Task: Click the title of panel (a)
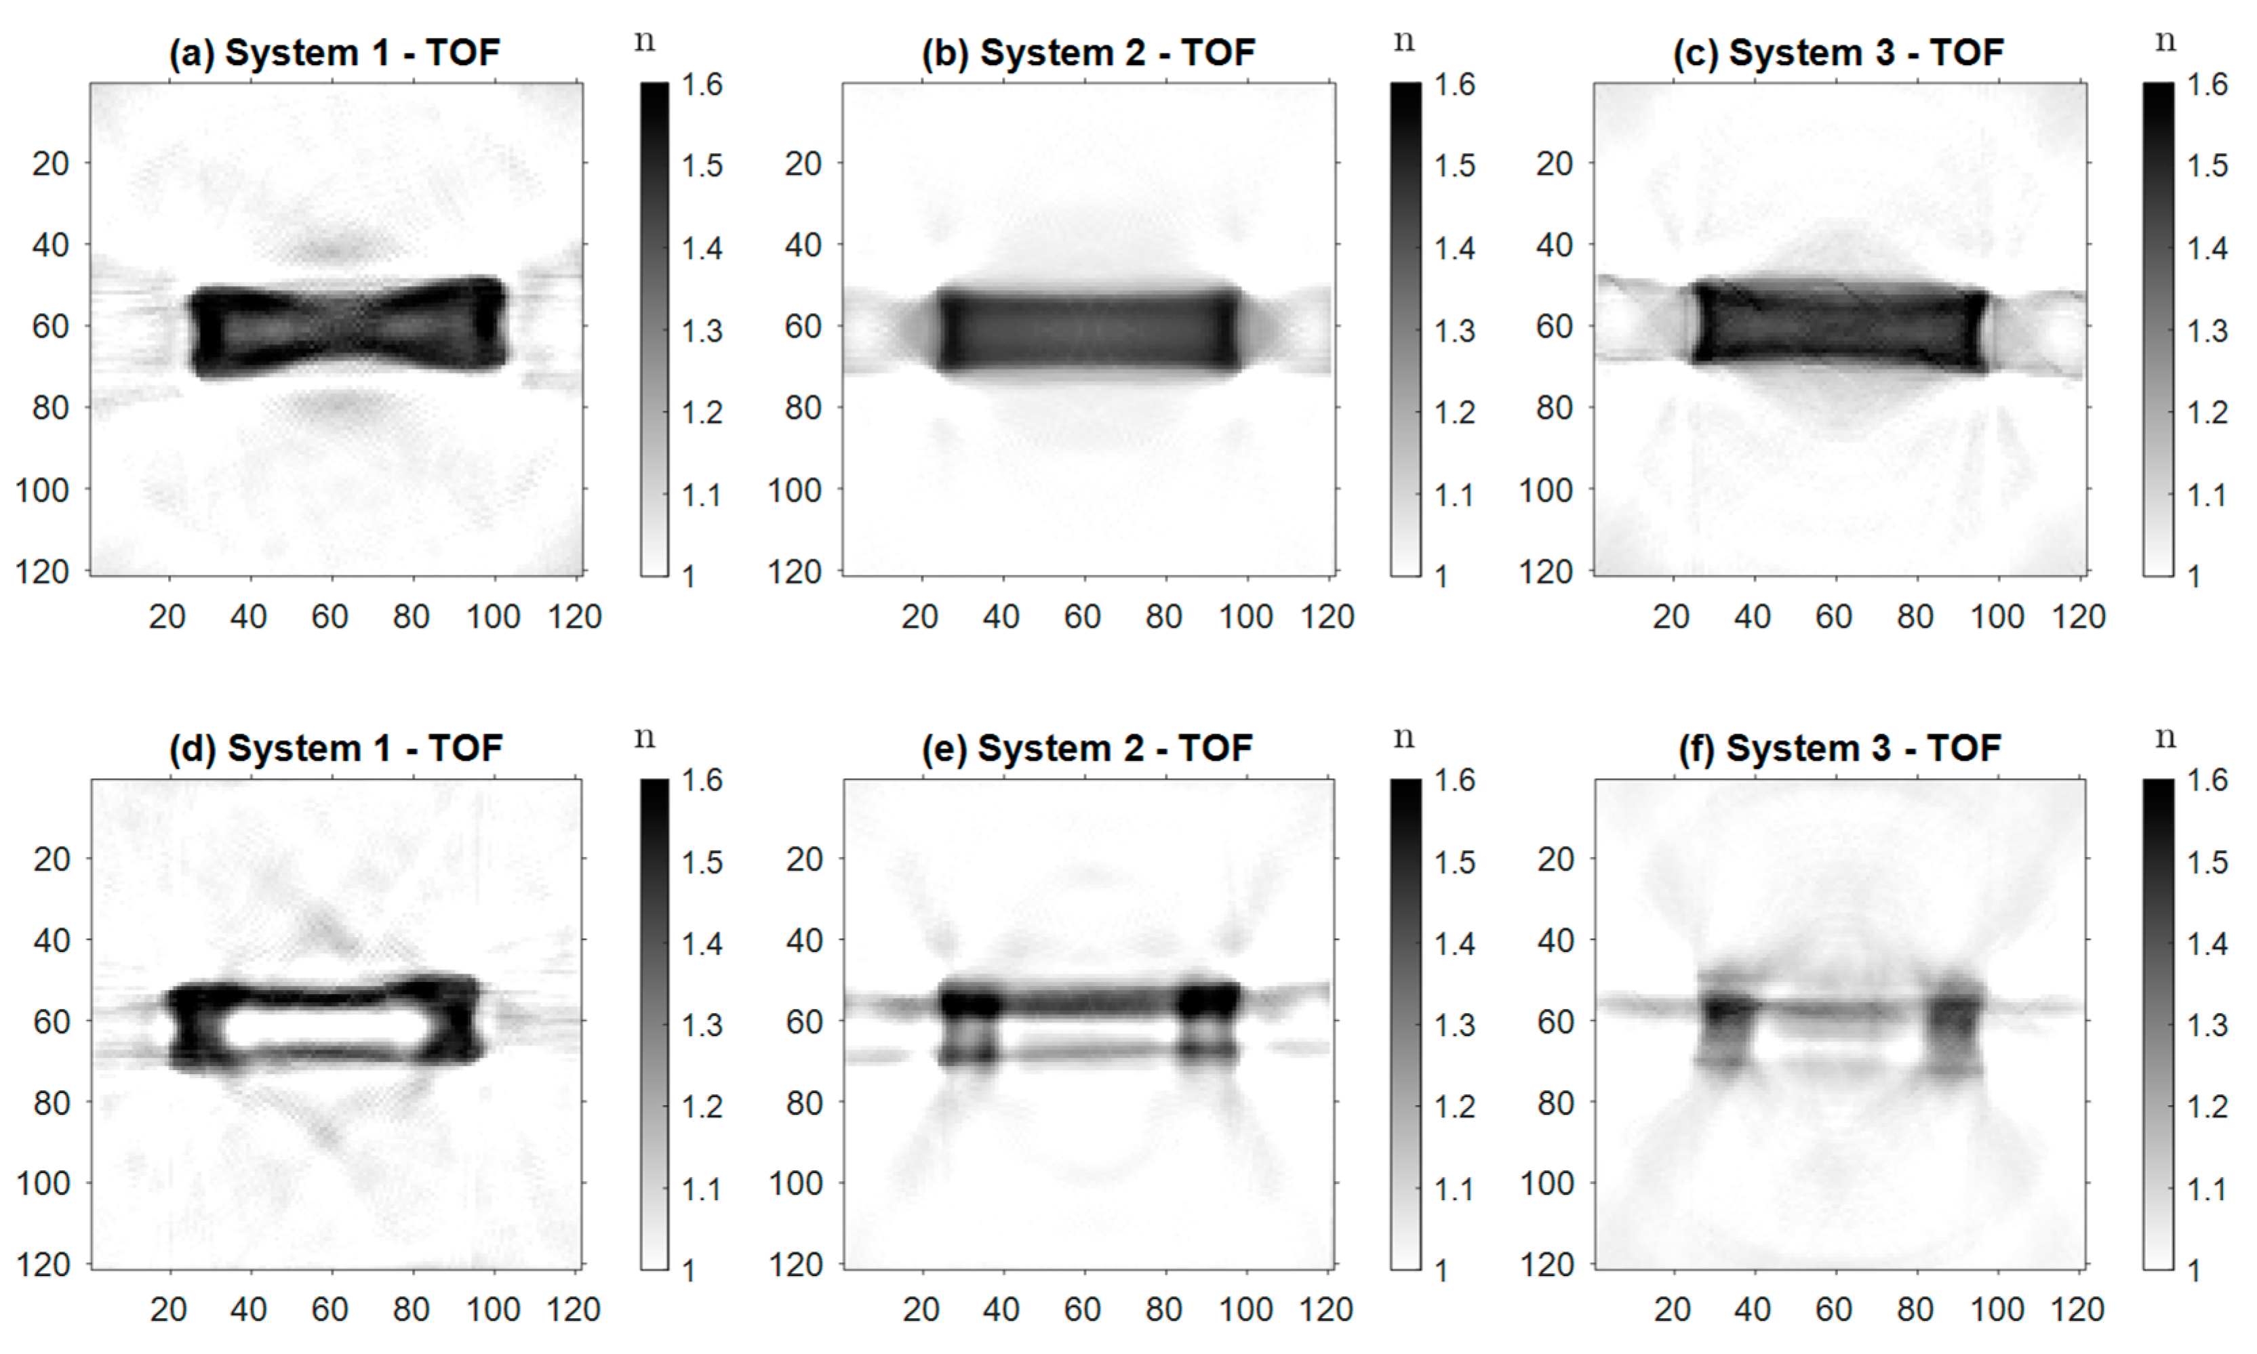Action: click(x=334, y=53)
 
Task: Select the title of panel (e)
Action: click(x=1087, y=748)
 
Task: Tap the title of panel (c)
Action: click(x=1838, y=53)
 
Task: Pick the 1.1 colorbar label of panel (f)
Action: click(x=2208, y=1189)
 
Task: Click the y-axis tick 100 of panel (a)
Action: click(x=42, y=490)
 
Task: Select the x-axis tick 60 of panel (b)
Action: click(x=1083, y=617)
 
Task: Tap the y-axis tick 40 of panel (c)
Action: click(x=1554, y=245)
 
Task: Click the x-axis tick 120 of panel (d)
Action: click(x=574, y=1310)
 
